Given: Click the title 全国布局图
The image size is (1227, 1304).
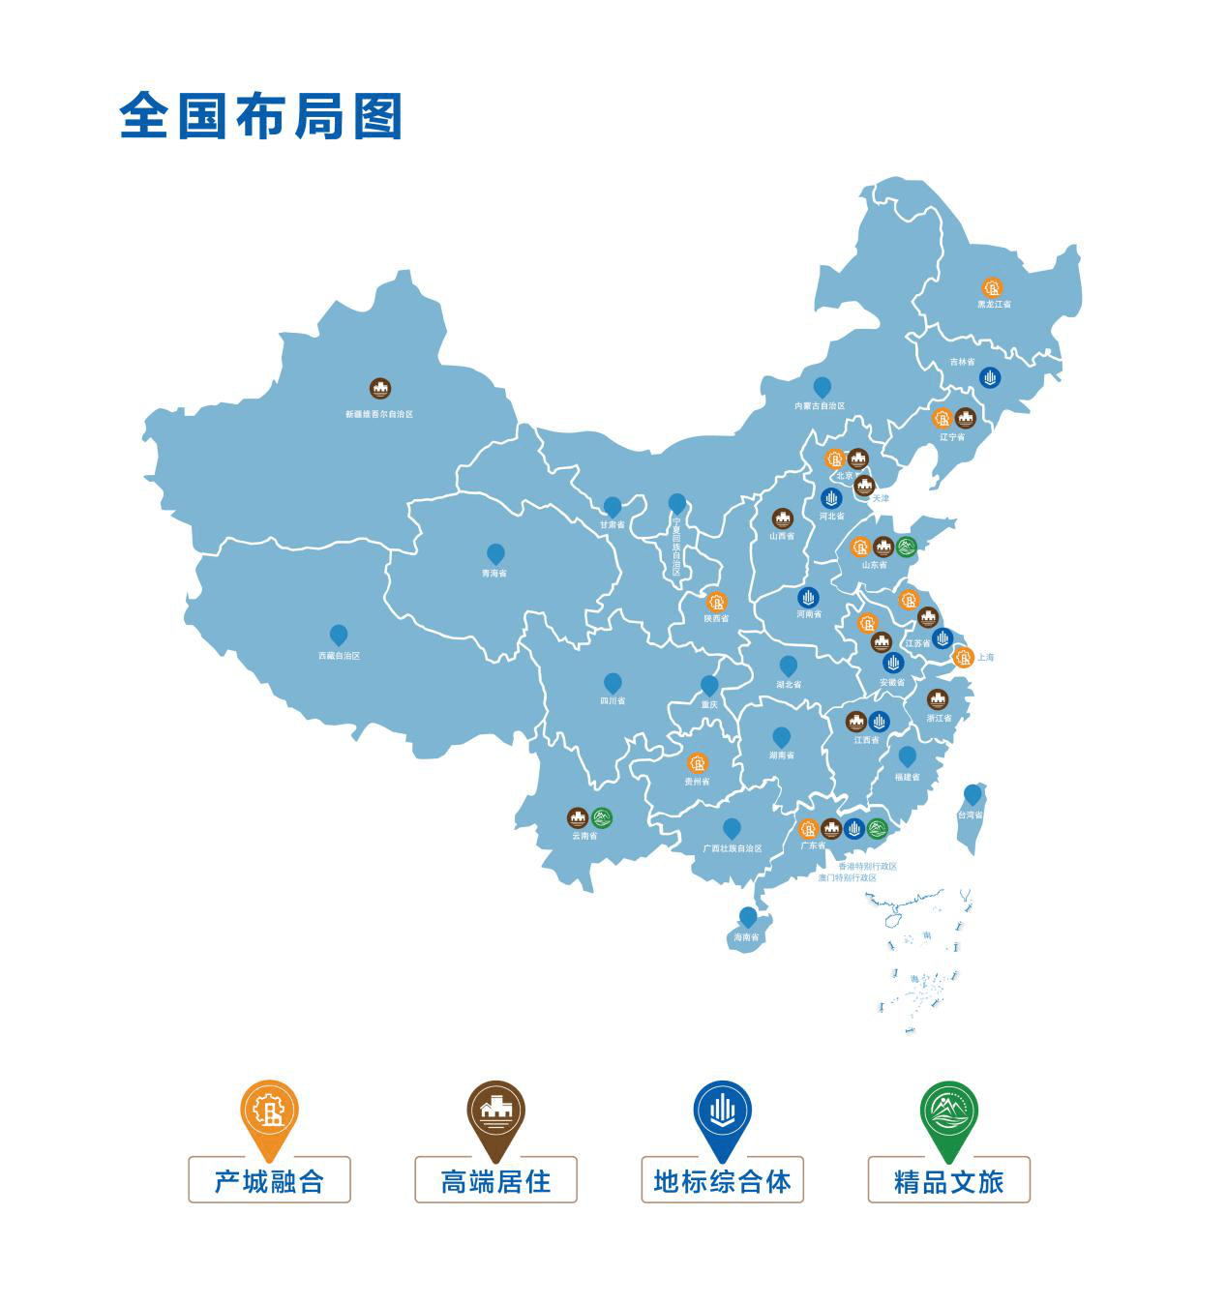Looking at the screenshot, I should [260, 117].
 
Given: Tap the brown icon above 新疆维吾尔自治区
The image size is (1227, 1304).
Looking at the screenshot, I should [380, 389].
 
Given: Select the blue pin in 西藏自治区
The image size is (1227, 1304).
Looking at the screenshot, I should [339, 635].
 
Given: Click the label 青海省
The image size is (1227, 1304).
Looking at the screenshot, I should [494, 574].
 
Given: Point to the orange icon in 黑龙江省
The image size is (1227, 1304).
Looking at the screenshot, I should [993, 287].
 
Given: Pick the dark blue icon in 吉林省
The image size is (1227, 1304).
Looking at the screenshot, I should [990, 377].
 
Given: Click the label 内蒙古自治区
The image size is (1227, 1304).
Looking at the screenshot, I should [820, 406].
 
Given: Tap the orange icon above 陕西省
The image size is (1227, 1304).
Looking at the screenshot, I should [716, 602].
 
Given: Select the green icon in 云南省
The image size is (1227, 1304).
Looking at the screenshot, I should [602, 817].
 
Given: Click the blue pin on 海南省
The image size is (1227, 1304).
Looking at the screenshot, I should [748, 916].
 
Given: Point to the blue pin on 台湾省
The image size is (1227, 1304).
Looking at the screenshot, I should [973, 794].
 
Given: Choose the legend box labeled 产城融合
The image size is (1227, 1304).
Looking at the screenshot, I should [269, 1180].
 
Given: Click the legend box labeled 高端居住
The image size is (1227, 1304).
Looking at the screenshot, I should [495, 1180].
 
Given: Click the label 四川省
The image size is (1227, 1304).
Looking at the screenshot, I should [613, 700].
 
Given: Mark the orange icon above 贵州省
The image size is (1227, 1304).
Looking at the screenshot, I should [698, 763].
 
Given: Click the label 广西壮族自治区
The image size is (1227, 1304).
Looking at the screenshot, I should [733, 848].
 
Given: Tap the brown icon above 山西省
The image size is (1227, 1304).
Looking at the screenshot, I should [782, 519].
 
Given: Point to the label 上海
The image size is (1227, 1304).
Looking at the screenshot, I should [985, 658].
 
